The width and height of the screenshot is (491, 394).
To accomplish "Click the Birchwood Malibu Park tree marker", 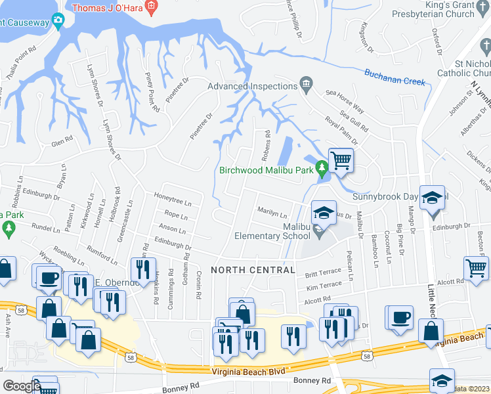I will point(322,169).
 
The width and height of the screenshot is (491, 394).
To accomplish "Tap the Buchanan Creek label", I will point(395,77).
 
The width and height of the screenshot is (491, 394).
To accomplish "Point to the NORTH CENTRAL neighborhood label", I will point(253,270).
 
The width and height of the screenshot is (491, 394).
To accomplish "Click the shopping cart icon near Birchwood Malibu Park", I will point(341,160).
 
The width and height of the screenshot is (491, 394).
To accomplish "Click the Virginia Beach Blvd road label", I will point(249,371).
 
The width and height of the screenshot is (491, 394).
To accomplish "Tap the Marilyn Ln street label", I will point(272,215).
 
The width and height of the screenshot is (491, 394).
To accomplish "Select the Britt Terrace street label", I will point(323,271).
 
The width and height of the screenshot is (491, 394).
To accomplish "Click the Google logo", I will point(22,386).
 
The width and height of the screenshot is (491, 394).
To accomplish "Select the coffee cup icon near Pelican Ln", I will point(399,317).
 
